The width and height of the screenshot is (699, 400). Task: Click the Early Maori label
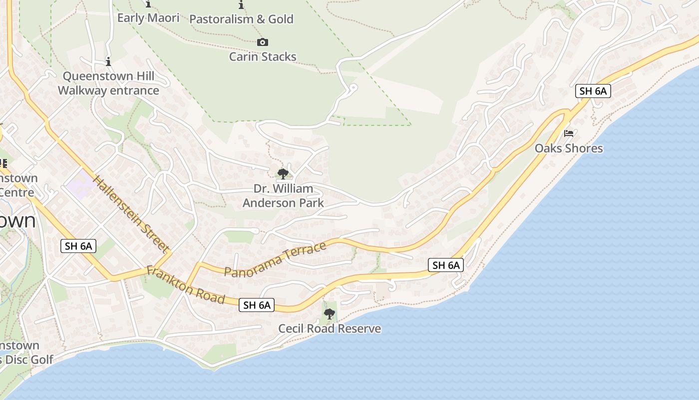148,18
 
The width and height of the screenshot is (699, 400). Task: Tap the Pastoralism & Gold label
241,19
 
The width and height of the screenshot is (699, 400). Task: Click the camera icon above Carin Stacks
263,42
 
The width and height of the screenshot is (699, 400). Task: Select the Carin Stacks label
263,56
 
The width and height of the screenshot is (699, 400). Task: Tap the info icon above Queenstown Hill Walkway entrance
108,62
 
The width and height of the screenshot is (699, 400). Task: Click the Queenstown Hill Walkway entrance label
108,83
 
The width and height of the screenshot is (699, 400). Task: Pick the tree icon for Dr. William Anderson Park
283,174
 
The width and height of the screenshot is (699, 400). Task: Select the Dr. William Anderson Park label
283,195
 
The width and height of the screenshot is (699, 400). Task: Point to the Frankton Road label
185,285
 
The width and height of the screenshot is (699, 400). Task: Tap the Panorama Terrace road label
275,258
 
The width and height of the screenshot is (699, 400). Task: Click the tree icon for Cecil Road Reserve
329,314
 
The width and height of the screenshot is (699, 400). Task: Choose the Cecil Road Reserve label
330,328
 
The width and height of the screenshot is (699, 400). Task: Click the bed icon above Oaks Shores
569,133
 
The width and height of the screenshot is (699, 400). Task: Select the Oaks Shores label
569,148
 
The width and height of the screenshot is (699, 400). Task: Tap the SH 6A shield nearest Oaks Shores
593,91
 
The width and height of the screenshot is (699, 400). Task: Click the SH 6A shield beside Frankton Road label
257,305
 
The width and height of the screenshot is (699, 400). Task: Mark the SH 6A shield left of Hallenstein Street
78,245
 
